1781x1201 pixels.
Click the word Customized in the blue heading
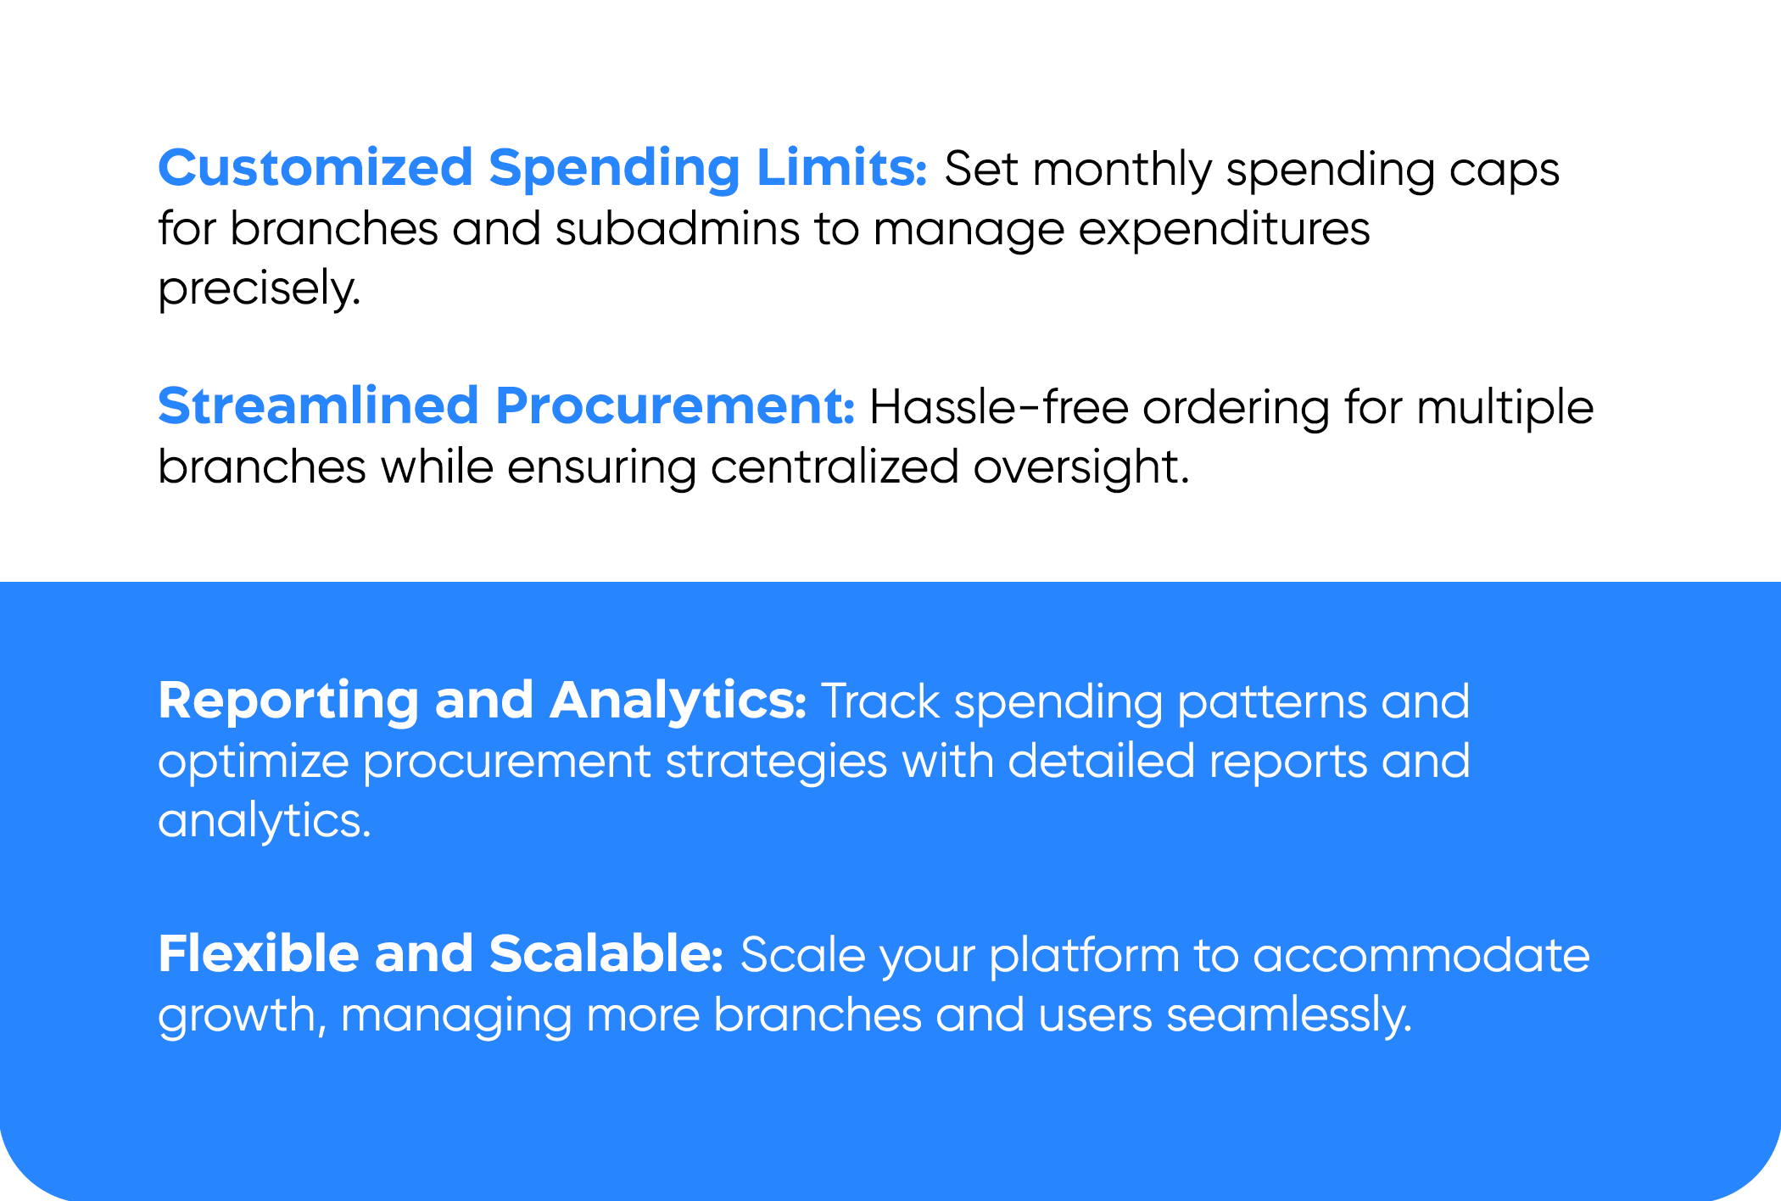coord(315,167)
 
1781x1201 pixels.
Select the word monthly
coord(1122,170)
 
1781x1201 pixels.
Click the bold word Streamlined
coord(319,405)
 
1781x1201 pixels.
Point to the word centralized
coord(835,466)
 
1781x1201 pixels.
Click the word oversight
coord(1081,467)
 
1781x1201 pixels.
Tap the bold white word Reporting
coord(288,702)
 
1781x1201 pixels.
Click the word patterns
coord(1272,704)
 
